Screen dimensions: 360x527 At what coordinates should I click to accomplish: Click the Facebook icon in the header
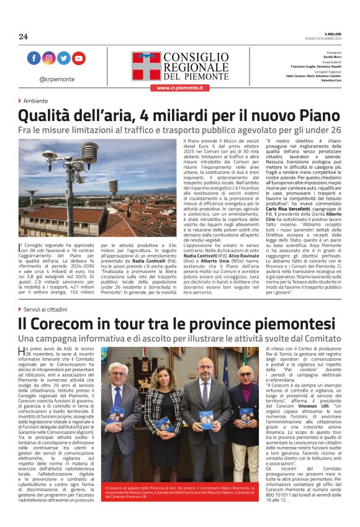pyautogui.click(x=34, y=58)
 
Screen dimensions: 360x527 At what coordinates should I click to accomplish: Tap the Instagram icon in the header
pyautogui.click(x=48, y=58)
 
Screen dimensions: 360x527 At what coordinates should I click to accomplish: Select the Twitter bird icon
pyautogui.click(x=63, y=58)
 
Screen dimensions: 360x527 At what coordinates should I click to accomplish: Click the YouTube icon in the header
pyautogui.click(x=78, y=58)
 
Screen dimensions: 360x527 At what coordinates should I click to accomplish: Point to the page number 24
pyautogui.click(x=23, y=37)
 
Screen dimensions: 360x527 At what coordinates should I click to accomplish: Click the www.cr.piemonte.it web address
pyautogui.click(x=179, y=88)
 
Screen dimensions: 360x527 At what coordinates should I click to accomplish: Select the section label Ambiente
pyautogui.click(x=35, y=101)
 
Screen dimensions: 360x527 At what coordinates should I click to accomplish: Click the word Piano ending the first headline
pyautogui.click(x=315, y=116)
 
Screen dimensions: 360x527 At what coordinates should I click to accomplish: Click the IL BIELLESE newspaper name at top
pyautogui.click(x=332, y=33)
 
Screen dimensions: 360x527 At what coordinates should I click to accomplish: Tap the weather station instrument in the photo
pyautogui.click(x=89, y=154)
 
